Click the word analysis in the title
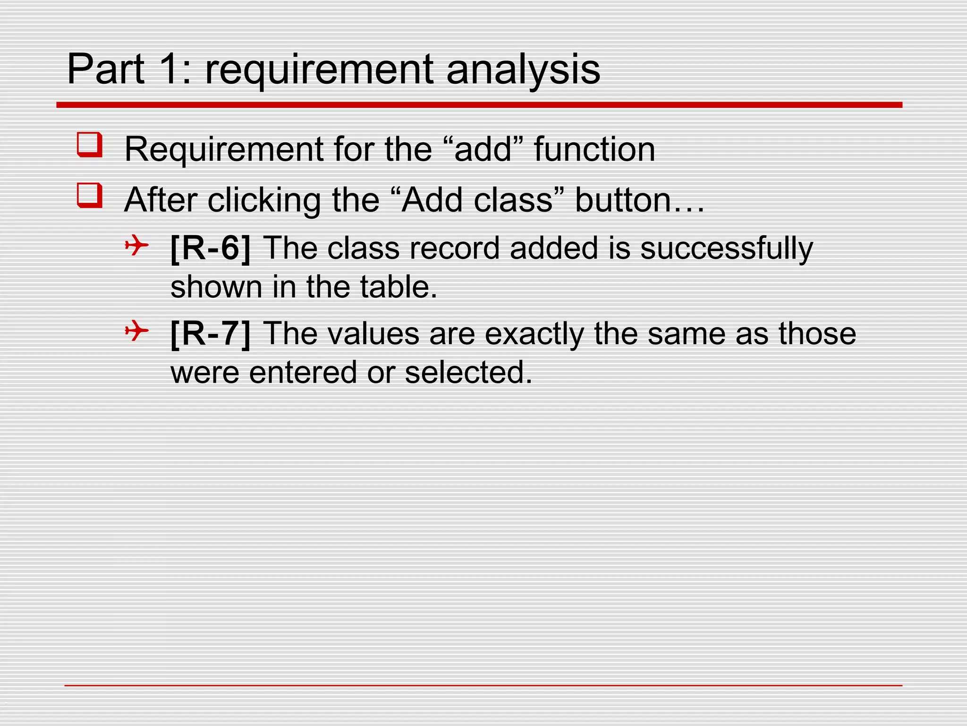tap(523, 70)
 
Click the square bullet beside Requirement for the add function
tap(90, 145)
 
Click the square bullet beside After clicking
tap(90, 196)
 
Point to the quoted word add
tap(483, 149)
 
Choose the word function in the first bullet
tap(594, 149)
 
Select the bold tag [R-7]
tap(211, 333)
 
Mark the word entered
tap(303, 372)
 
